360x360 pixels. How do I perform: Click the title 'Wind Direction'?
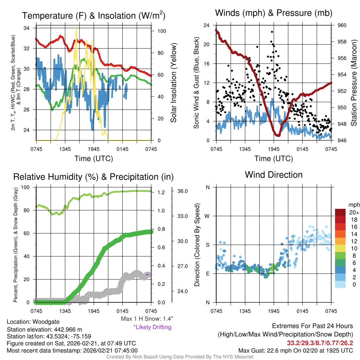pos(274,175)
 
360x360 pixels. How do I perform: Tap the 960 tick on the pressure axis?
pos(342,25)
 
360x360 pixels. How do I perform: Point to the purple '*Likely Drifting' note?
pos(152,327)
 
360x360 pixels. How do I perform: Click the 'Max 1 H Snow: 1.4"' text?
pos(147,319)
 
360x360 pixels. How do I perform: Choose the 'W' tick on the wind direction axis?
pos(208,216)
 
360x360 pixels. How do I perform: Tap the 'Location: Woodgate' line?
pos(33,322)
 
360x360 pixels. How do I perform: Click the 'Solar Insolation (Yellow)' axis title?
pos(174,83)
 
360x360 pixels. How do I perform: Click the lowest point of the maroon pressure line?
pos(278,135)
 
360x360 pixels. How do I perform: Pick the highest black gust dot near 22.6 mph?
pos(272,32)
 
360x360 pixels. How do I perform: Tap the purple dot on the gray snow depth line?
pos(147,275)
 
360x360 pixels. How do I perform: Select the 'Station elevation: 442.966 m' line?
pos(44,329)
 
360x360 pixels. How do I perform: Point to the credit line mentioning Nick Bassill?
pos(180,357)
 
